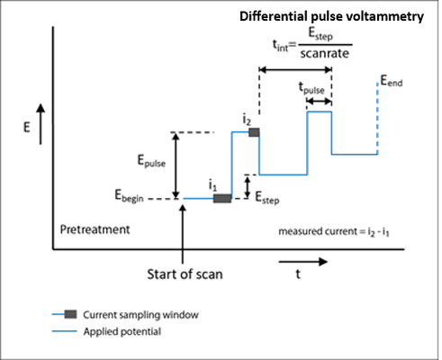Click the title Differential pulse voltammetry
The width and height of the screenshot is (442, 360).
(331, 16)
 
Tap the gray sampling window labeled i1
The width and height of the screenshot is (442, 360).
(222, 198)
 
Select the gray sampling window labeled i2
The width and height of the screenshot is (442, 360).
(254, 132)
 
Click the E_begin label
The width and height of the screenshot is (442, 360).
(129, 196)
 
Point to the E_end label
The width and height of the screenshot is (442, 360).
(392, 81)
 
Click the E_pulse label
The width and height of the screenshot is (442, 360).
(151, 161)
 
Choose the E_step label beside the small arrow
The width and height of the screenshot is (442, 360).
(267, 198)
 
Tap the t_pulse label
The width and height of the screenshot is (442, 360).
(311, 88)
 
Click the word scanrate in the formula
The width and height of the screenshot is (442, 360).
(325, 53)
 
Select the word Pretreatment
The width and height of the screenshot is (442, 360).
(95, 229)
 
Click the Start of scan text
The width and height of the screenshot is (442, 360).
(185, 274)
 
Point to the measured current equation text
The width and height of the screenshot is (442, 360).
(334, 232)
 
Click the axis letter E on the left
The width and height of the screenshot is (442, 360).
(27, 128)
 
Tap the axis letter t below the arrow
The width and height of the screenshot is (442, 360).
(298, 274)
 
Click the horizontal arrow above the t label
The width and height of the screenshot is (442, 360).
(303, 262)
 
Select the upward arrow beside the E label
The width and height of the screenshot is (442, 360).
(41, 124)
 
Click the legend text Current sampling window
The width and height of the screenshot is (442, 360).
(140, 315)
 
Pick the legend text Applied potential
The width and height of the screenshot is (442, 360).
(122, 331)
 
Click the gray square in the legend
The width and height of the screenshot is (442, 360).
(70, 314)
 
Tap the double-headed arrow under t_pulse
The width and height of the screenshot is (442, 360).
(319, 102)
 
